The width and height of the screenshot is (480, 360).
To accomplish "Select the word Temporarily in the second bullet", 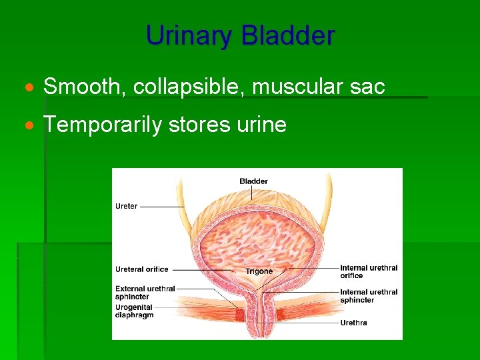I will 103,124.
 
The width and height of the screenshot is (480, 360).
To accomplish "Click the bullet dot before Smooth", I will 28,87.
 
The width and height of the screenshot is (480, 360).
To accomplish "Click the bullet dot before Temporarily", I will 28,125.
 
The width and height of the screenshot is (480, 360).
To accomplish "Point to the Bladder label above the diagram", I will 253,181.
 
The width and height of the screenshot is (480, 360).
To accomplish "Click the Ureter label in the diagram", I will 127,206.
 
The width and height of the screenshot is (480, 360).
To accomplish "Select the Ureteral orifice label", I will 142,269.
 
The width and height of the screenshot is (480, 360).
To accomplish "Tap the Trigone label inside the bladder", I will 259,271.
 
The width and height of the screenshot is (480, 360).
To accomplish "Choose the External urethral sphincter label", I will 145,293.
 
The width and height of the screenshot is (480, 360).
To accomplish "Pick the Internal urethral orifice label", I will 369,271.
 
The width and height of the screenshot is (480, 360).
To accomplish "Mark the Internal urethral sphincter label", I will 369,296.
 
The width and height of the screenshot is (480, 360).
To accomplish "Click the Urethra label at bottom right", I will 353,323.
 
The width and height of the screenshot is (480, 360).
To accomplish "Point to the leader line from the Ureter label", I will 162,207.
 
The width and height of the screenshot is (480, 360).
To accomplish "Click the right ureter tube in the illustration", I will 325,193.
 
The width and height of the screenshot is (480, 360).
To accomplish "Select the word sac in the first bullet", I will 368,86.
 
